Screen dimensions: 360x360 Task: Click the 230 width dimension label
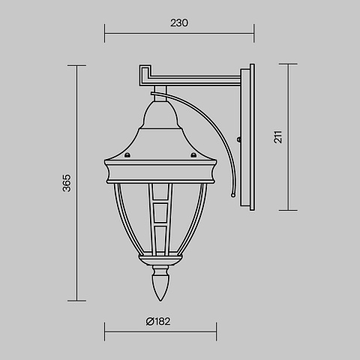click(x=179, y=23)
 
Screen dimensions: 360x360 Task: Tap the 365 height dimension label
click(x=67, y=183)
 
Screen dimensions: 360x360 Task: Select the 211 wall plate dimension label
click(x=278, y=136)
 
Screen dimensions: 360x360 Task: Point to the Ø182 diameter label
click(x=158, y=322)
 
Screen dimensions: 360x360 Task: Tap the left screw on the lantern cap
click(x=127, y=155)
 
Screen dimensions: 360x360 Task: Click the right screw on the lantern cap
click(x=193, y=155)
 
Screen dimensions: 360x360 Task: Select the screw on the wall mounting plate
click(x=239, y=139)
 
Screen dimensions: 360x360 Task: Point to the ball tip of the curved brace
click(x=233, y=195)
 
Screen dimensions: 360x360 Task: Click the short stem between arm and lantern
click(x=160, y=94)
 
